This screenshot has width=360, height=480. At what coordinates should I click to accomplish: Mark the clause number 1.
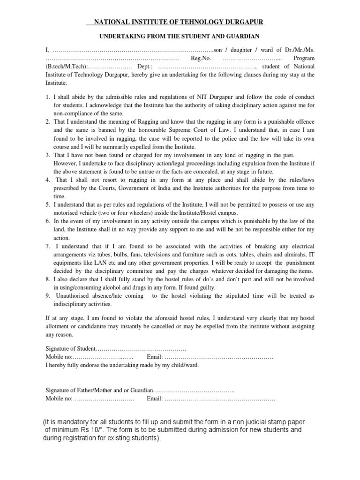pos(48,97)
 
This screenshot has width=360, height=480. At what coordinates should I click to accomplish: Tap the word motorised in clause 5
pos(66,213)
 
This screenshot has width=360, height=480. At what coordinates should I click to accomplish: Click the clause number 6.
pos(48,221)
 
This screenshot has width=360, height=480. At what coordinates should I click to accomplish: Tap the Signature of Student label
pos(70,349)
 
